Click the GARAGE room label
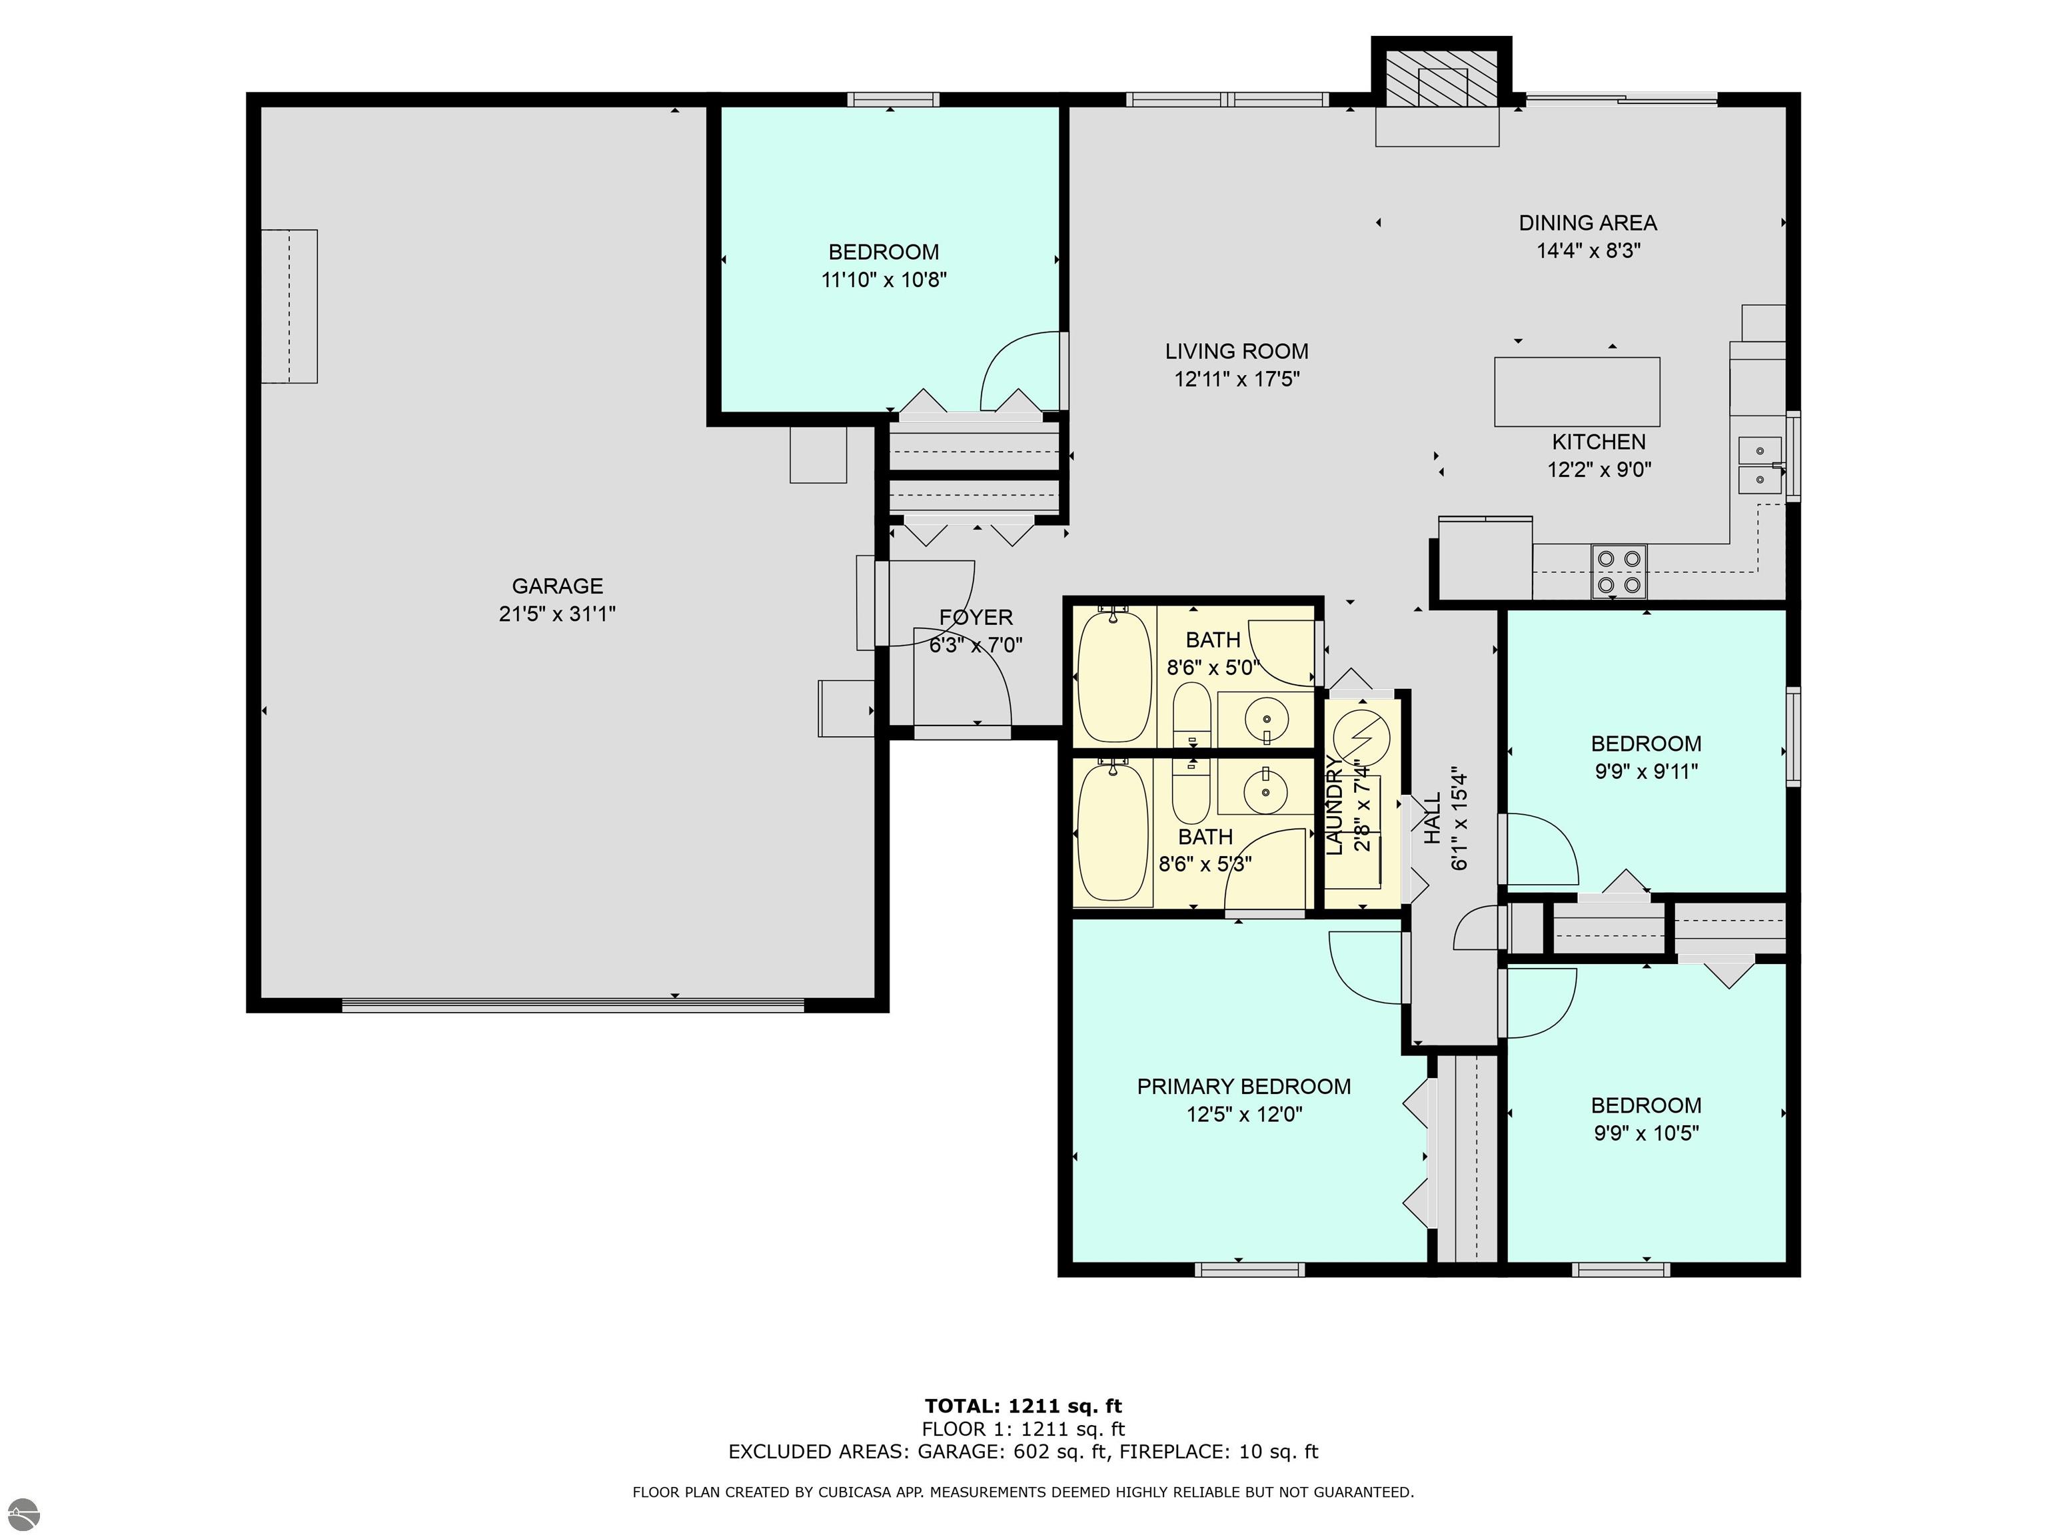coord(557,586)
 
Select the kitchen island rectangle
coord(1576,391)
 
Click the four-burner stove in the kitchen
coord(1619,572)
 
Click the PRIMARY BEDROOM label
coord(1244,1086)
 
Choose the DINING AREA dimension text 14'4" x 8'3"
coord(1588,250)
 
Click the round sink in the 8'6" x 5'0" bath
coord(1265,718)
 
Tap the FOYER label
coord(976,617)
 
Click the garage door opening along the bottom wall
coord(573,1005)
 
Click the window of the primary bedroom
coord(1249,1269)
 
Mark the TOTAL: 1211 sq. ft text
coord(1023,1406)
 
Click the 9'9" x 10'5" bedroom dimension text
coord(1647,1133)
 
